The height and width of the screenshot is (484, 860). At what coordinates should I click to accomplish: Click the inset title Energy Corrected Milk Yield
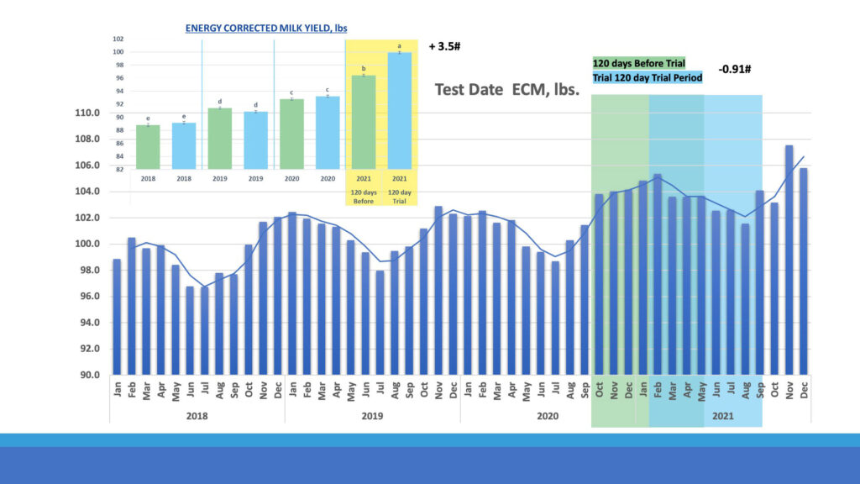(x=266, y=28)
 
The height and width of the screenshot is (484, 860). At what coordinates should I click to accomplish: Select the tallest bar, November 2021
(x=789, y=260)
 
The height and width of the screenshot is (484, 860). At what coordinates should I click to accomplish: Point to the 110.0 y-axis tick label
(x=88, y=113)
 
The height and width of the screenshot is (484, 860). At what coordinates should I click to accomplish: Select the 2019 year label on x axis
(x=372, y=416)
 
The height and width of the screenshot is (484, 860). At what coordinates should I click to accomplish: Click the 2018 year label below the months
(x=197, y=416)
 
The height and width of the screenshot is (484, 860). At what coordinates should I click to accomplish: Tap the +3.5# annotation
(x=444, y=46)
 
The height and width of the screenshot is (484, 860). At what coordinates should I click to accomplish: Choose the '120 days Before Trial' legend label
(x=639, y=64)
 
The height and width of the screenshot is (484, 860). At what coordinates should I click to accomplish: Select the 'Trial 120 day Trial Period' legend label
(x=648, y=77)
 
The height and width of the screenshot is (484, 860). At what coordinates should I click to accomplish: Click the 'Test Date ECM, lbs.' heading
(x=507, y=89)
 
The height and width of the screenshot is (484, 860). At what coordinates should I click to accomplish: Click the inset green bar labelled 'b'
(x=364, y=123)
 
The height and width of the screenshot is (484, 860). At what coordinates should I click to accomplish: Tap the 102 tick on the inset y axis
(x=118, y=39)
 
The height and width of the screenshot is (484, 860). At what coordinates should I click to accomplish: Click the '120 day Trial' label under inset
(x=400, y=196)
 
